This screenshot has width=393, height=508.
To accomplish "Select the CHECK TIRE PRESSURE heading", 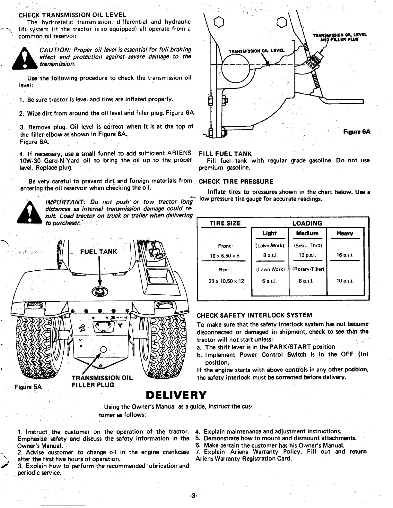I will (236, 182).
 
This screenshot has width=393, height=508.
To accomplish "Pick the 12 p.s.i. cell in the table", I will (307, 256).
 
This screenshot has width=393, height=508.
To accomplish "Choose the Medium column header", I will (307, 233).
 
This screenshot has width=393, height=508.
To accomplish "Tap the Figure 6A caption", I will (357, 132).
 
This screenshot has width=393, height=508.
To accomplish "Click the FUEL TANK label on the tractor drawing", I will (99, 251).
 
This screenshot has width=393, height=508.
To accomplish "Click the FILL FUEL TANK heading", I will (225, 154).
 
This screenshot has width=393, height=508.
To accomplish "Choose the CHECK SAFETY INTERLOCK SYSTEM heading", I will (254, 315).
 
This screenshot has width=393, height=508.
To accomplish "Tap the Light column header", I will (269, 233).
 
